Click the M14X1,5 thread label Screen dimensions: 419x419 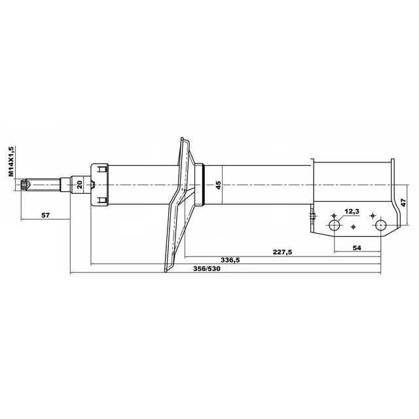(x=11, y=161)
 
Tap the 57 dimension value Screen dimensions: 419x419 (x=45, y=215)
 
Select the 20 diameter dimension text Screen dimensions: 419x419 (x=80, y=185)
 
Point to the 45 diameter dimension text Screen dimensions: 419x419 (x=218, y=185)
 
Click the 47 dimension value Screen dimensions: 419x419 (x=403, y=202)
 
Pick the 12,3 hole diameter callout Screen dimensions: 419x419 (x=352, y=211)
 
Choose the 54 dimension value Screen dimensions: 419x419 (x=357, y=247)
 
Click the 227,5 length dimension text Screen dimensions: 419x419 (x=282, y=252)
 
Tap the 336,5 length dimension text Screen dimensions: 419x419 (x=230, y=260)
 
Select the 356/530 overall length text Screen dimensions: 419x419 (x=207, y=268)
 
